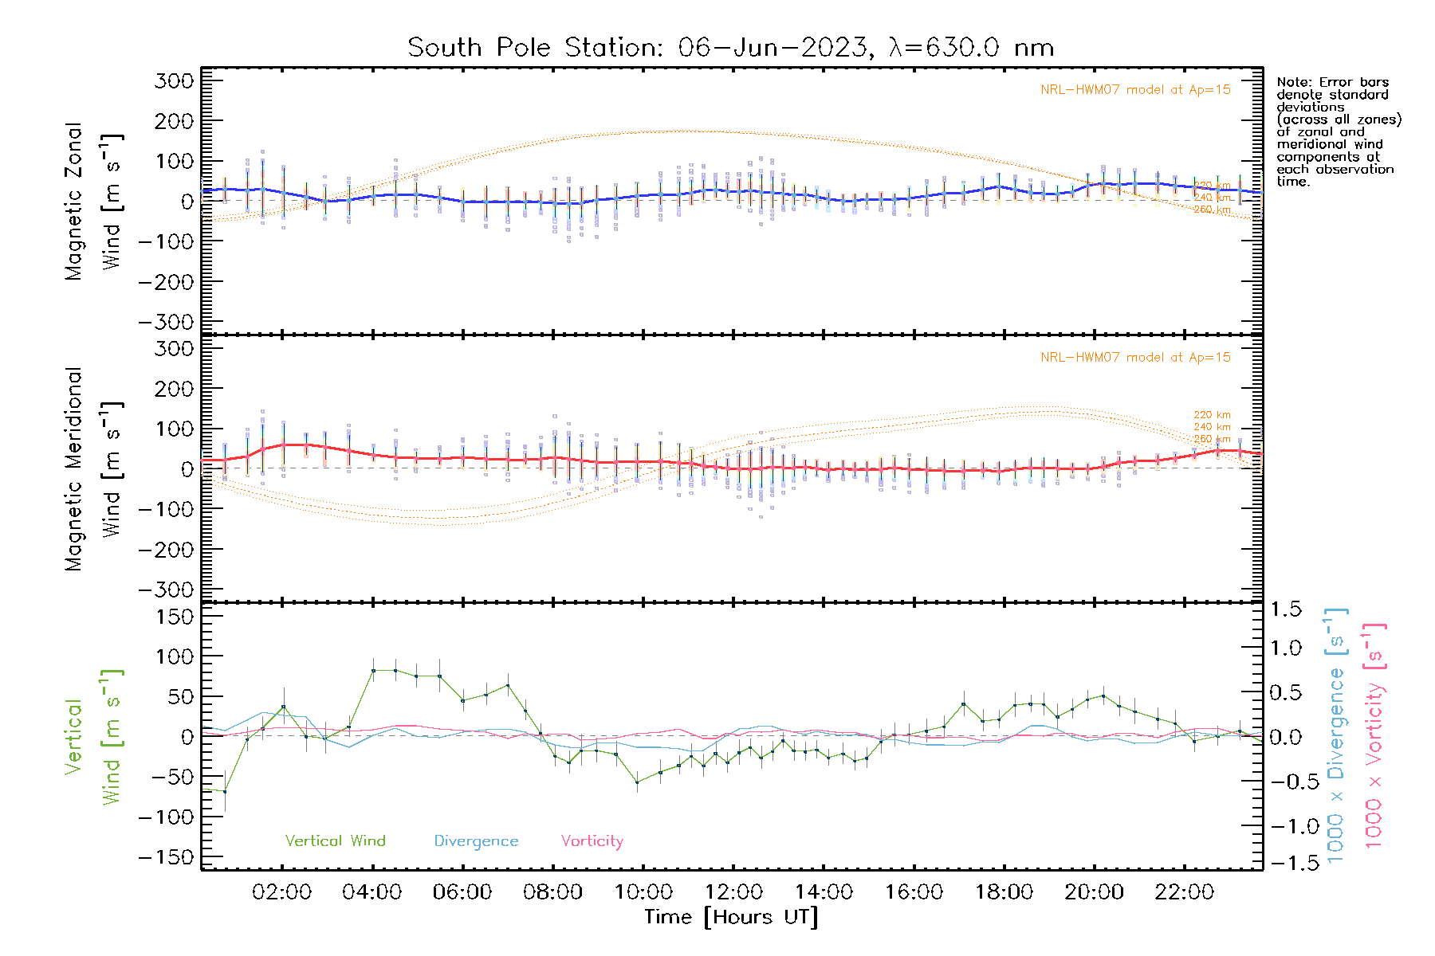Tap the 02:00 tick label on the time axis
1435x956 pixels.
(281, 892)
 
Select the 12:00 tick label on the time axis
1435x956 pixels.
(733, 892)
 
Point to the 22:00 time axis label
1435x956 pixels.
(1185, 892)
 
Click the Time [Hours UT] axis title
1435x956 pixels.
(731, 917)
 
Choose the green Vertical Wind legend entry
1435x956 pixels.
(335, 840)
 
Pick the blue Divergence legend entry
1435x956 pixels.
(476, 840)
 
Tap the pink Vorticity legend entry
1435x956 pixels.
(592, 840)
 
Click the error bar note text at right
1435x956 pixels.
(1338, 131)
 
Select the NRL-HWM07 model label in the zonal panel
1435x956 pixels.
(1135, 89)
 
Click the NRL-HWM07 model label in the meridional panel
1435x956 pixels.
(1135, 357)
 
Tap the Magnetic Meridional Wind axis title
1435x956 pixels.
(94, 469)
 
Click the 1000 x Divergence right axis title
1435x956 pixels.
(1336, 736)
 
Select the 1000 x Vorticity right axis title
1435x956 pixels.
(1374, 736)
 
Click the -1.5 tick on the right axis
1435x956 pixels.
(1286, 863)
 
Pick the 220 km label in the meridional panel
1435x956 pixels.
(1212, 415)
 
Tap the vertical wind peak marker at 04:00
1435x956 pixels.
(373, 670)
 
